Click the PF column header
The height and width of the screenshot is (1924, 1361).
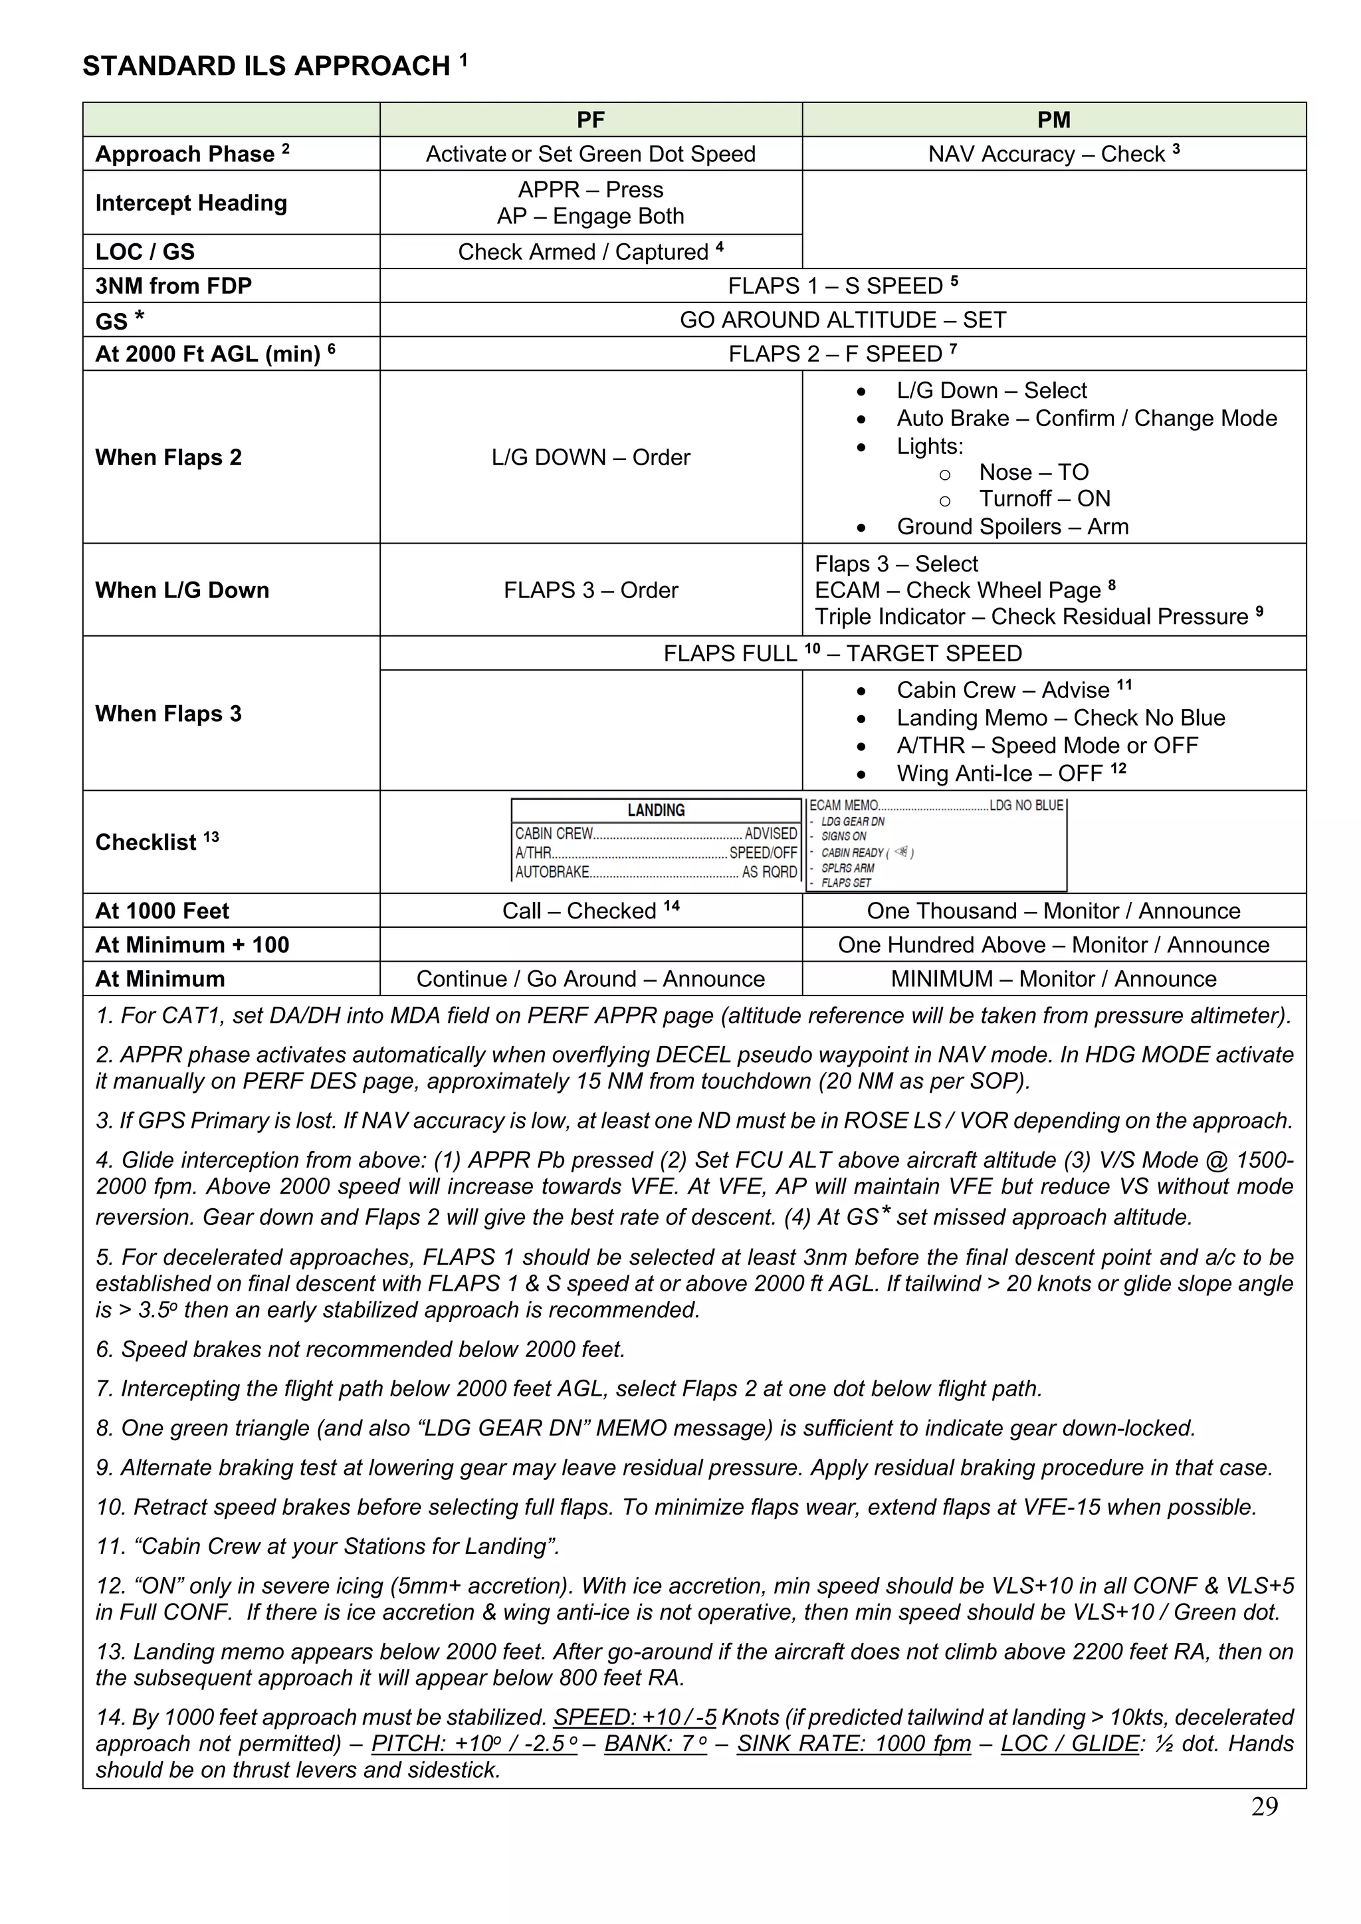click(590, 120)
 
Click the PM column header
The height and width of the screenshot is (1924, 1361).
click(1053, 120)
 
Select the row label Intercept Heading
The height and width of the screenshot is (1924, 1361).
click(191, 203)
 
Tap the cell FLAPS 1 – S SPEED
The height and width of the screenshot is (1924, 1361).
click(842, 286)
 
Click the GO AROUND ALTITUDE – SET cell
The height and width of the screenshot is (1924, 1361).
click(842, 320)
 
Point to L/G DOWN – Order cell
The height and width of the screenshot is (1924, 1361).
click(590, 457)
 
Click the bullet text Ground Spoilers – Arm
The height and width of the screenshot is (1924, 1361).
click(1011, 527)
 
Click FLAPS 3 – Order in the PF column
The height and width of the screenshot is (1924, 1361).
click(590, 591)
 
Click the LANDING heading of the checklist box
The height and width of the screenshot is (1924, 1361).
click(656, 810)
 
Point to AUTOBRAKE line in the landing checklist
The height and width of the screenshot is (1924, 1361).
click(655, 873)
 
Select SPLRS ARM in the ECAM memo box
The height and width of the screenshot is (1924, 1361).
click(847, 868)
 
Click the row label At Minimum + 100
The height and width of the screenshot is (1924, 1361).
click(192, 945)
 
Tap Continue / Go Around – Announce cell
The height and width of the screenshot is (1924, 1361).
click(590, 980)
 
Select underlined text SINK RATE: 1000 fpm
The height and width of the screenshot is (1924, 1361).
click(853, 1744)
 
